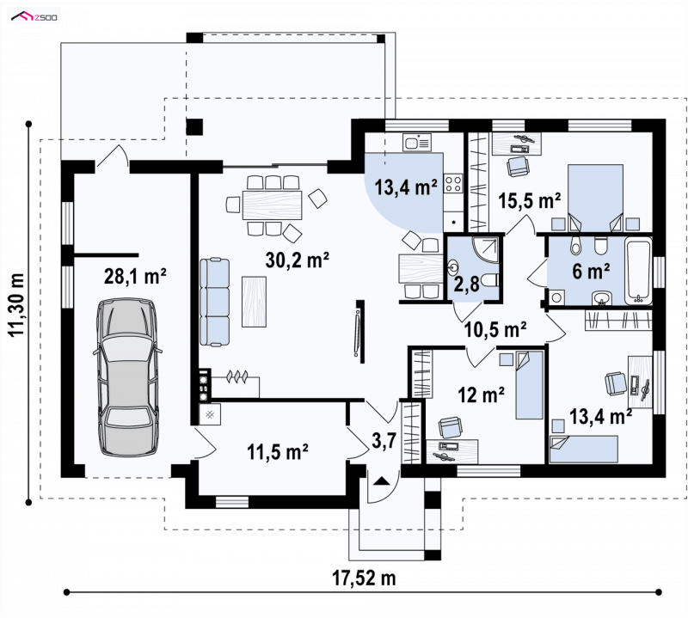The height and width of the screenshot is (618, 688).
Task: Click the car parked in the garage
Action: pos(126,378)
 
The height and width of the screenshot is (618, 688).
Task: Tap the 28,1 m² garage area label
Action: pos(135,277)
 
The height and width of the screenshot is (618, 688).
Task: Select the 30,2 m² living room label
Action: pos(297,260)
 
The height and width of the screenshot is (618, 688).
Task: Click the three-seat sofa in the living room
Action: pos(214,303)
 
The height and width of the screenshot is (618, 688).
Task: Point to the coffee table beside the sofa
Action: pos(254,302)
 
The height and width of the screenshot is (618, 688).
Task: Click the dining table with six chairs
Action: pos(273,205)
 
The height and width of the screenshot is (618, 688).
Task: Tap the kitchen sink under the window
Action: pos(417,142)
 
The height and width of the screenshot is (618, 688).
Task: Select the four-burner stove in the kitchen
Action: pos(453,183)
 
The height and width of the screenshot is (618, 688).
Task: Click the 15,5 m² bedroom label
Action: pos(529,201)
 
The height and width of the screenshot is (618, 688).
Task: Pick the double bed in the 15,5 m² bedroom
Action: pos(595,198)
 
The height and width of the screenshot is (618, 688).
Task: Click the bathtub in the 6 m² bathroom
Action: pos(639,270)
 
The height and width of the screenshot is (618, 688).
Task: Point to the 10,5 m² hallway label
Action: pos(495,329)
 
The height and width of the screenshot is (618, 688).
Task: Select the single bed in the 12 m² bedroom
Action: pos(530,385)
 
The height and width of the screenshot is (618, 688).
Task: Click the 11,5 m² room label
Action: pos(277,452)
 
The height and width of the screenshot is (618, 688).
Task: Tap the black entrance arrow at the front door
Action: pos(382,480)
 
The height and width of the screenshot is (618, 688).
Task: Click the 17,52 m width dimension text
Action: pos(364,578)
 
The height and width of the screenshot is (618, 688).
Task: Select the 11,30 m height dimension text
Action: pos(16,304)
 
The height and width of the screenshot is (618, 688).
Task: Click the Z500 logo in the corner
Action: pos(34,16)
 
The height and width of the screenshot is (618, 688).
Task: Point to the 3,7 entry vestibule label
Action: pos(384,441)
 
